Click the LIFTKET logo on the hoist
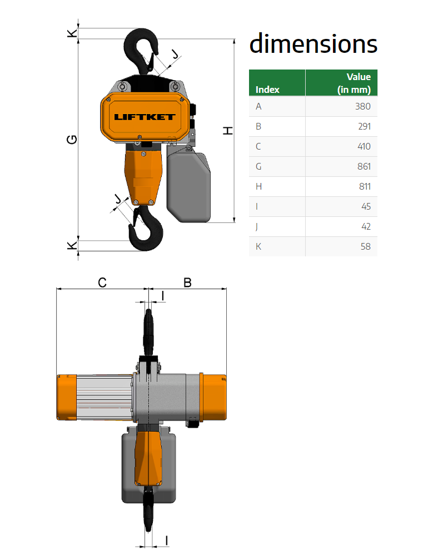pyautogui.click(x=145, y=117)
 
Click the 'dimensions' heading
pyautogui.click(x=313, y=44)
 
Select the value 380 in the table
pyautogui.click(x=362, y=106)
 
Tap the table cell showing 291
pyautogui.click(x=364, y=126)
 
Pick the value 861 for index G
pyautogui.click(x=364, y=166)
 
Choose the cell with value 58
pyautogui.click(x=366, y=246)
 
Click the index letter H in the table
pyautogui.click(x=258, y=186)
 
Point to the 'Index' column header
pyautogui.click(x=267, y=90)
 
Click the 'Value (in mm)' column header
pyautogui.click(x=354, y=83)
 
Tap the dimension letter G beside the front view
pyautogui.click(x=72, y=140)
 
